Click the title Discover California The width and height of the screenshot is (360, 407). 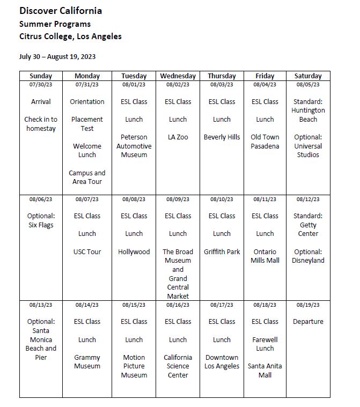tap(61, 11)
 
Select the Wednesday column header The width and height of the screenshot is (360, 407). tap(178, 76)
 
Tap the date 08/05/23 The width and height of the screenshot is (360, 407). tap(308, 85)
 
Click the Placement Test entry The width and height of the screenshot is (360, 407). tap(87, 124)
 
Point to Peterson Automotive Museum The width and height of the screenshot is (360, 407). tap(134, 146)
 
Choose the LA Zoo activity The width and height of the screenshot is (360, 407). tap(178, 137)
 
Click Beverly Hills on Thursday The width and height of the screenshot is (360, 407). tap(222, 137)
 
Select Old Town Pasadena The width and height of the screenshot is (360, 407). tap(265, 142)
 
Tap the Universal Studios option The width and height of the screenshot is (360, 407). tap(308, 150)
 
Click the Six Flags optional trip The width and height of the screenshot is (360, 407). tap(41, 225)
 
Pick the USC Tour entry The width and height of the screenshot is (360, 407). tap(87, 251)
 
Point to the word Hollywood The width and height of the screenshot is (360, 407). tap(134, 251)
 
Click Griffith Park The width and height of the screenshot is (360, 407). tap(222, 251)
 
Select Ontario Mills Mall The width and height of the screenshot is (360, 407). tap(265, 256)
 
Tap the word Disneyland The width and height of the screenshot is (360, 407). tap(308, 261)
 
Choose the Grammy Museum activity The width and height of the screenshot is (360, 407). tap(87, 362)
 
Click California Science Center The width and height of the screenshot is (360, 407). tap(178, 366)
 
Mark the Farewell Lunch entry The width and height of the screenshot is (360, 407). tap(265, 344)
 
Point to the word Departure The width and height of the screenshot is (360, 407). tap(308, 322)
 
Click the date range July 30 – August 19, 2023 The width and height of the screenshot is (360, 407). tap(57, 56)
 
